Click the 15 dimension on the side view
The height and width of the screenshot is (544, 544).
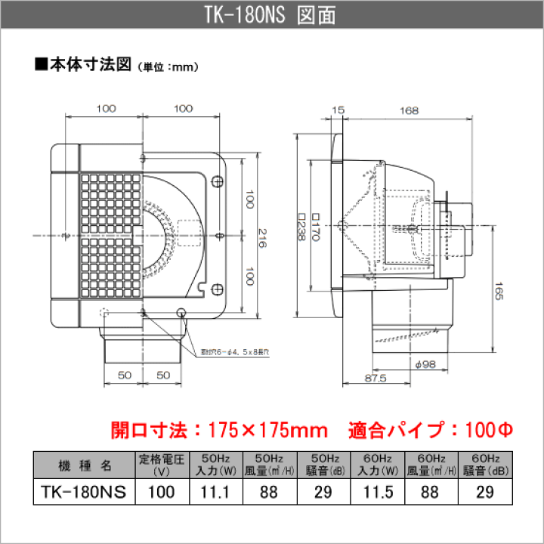pyautogui.click(x=338, y=111)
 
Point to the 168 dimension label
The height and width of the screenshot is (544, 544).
pyautogui.click(x=410, y=111)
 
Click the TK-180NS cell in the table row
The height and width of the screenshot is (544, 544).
pyautogui.click(x=84, y=491)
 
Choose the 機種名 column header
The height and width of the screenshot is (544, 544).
pyautogui.click(x=84, y=463)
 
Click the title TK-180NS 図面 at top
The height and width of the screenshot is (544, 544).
pyautogui.click(x=271, y=14)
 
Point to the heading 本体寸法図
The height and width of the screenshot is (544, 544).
pyautogui.click(x=85, y=66)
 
